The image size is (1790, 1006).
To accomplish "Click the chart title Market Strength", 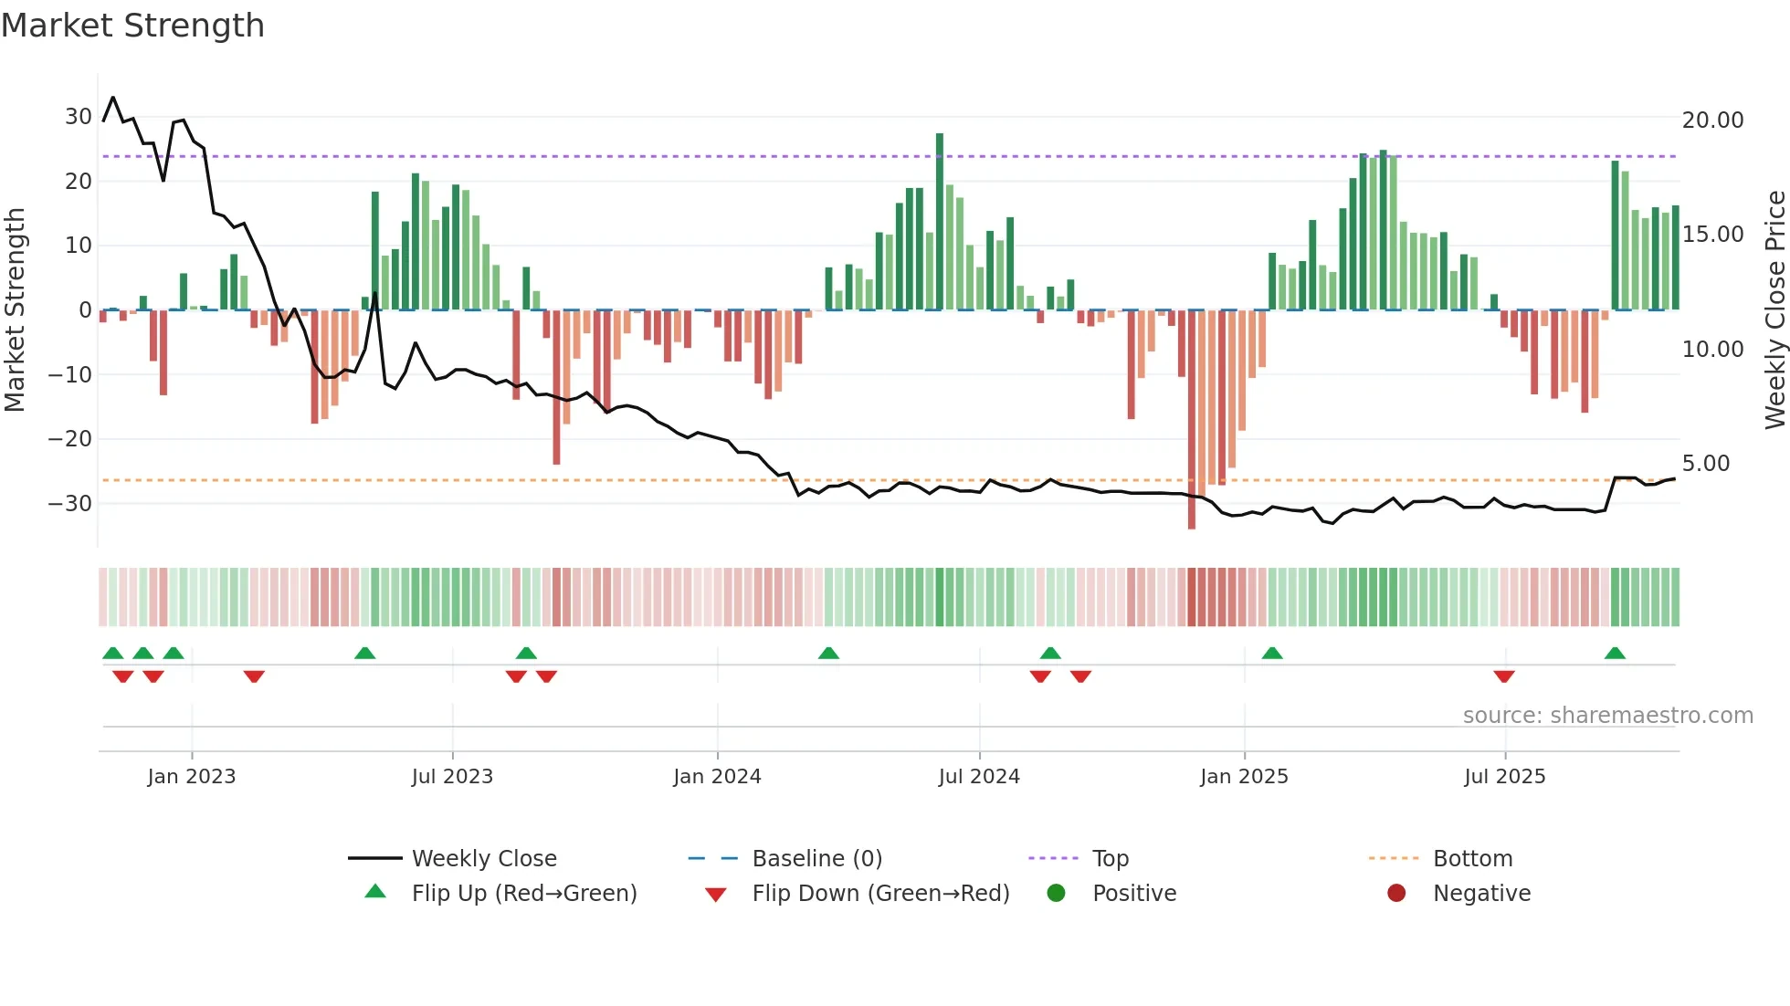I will click(132, 26).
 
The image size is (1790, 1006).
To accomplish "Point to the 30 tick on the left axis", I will click(78, 117).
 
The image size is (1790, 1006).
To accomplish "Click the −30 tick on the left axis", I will click(70, 503).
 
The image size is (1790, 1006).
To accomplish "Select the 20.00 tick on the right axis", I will click(1712, 121).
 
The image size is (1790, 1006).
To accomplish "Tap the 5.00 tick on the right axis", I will click(1705, 464).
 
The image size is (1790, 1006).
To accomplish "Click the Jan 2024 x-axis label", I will click(717, 777).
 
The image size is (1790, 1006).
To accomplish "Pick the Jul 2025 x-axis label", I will click(1504, 777).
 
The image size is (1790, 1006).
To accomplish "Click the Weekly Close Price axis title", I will click(1774, 309).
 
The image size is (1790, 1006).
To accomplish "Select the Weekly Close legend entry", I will click(483, 859).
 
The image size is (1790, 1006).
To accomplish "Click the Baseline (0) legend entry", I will click(816, 859).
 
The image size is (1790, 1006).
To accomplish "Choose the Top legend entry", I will click(1110, 859).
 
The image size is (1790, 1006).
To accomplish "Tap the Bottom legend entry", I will click(1472, 859).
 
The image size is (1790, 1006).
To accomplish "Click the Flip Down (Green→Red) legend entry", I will click(880, 894).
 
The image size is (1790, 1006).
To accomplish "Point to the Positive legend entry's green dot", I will click(1056, 894).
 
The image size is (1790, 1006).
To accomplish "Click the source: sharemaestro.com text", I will click(1607, 716).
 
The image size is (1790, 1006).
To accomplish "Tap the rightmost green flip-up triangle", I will click(1615, 654).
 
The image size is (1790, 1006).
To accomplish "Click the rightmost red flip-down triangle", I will click(1504, 676).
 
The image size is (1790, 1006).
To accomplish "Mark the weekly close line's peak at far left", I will click(113, 98).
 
